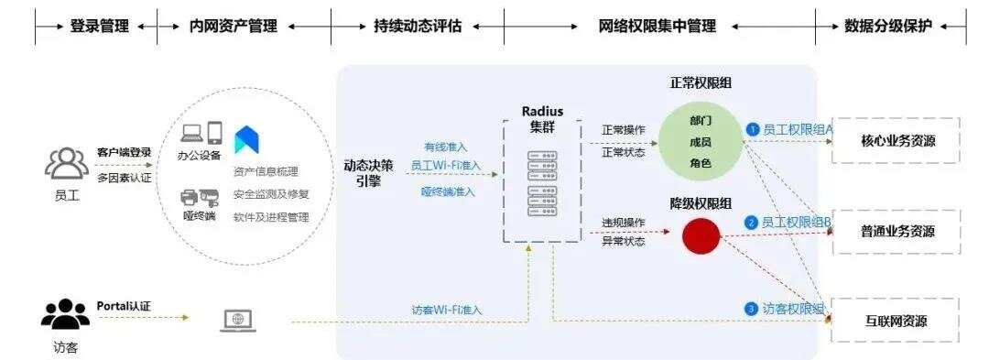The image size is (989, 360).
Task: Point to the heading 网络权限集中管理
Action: [x=658, y=27]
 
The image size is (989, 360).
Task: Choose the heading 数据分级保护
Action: [x=888, y=27]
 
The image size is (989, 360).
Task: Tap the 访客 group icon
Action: [x=66, y=315]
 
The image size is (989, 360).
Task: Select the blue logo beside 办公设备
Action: [x=246, y=139]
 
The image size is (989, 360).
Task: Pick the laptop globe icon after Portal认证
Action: [x=238, y=321]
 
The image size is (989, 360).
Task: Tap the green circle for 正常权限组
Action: [x=701, y=141]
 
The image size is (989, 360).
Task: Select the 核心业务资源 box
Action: [x=897, y=141]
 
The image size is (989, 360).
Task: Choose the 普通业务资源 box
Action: [x=897, y=232]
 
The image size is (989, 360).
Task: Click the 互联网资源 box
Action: [x=897, y=321]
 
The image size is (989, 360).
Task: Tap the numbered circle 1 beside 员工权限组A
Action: [x=753, y=130]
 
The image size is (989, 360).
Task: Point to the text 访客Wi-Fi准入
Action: [x=446, y=310]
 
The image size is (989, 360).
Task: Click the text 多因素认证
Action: [x=125, y=176]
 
